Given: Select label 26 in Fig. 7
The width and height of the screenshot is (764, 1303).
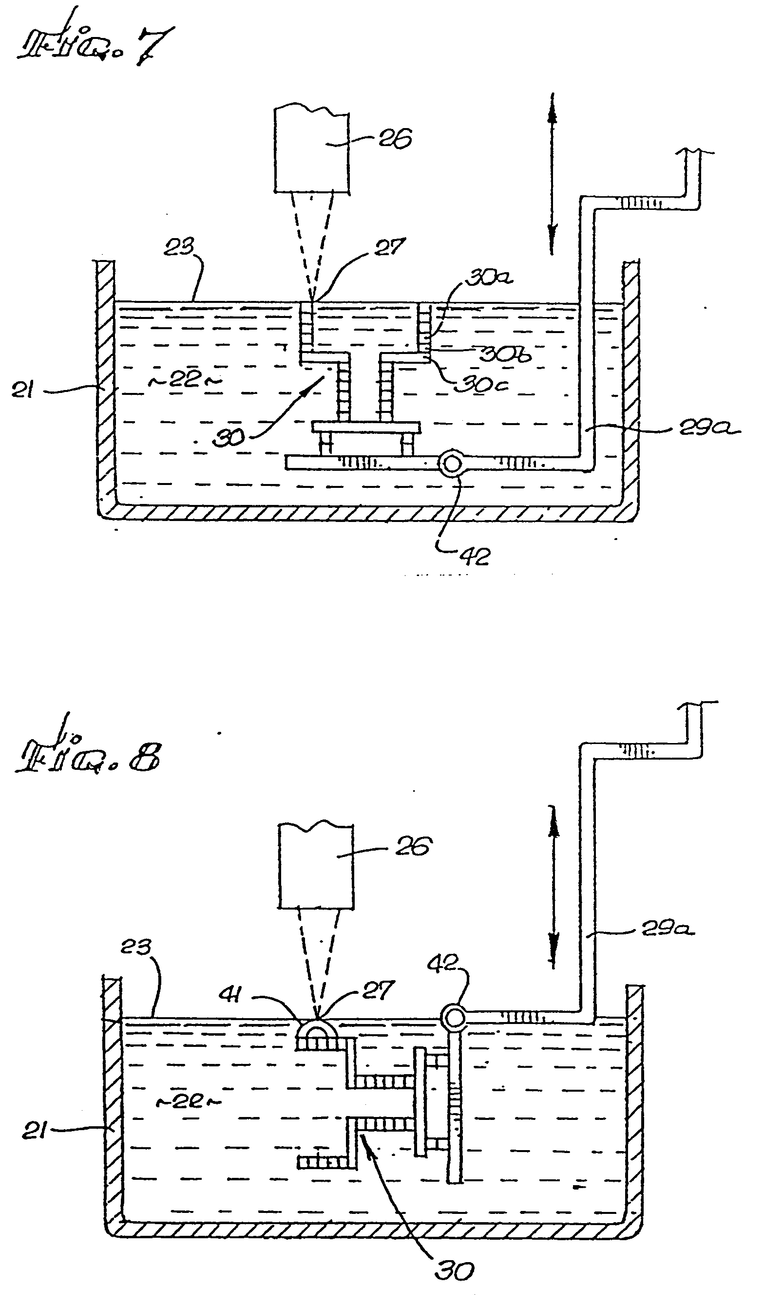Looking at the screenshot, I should (396, 139).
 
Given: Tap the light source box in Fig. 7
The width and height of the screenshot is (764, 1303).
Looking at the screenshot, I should (312, 150).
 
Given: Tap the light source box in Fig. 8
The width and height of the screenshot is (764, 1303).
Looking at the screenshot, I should (316, 866).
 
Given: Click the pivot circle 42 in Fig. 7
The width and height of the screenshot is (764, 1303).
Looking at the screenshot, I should (452, 464).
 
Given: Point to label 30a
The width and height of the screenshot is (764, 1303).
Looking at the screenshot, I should (489, 278).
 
